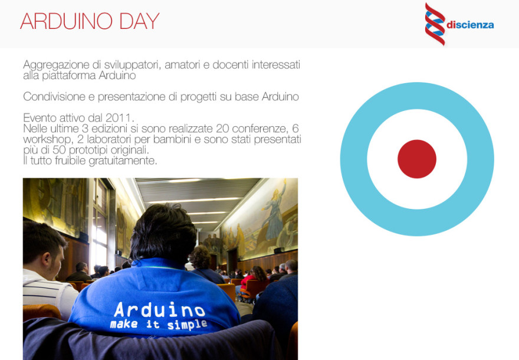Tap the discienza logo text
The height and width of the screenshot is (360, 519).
click(470, 25)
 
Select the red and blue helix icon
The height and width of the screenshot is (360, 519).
click(435, 24)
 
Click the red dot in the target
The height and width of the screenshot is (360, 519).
click(417, 159)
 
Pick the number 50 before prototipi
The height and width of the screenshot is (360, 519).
click(59, 150)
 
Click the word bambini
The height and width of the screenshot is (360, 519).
click(172, 139)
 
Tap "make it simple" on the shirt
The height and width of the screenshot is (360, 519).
click(159, 324)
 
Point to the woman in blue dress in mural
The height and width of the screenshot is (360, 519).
click(274, 212)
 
